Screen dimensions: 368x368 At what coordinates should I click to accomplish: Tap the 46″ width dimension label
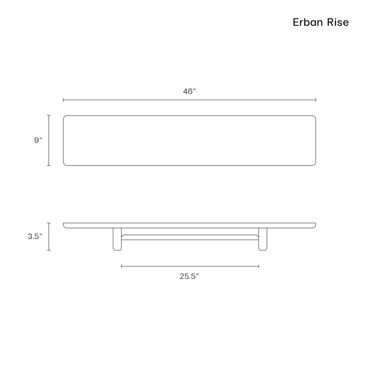coord(189,91)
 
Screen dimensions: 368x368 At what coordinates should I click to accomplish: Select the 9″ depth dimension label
coord(38,140)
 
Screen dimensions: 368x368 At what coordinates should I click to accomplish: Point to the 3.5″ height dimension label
coord(35,236)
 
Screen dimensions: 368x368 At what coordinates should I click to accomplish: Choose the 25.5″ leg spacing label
coord(189,276)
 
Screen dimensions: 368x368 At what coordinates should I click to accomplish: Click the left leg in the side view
coord(117,239)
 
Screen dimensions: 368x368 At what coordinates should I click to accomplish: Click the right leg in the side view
coord(263,239)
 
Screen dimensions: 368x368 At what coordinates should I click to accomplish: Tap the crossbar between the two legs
coord(190,237)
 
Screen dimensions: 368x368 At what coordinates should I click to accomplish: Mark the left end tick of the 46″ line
coord(63,100)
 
